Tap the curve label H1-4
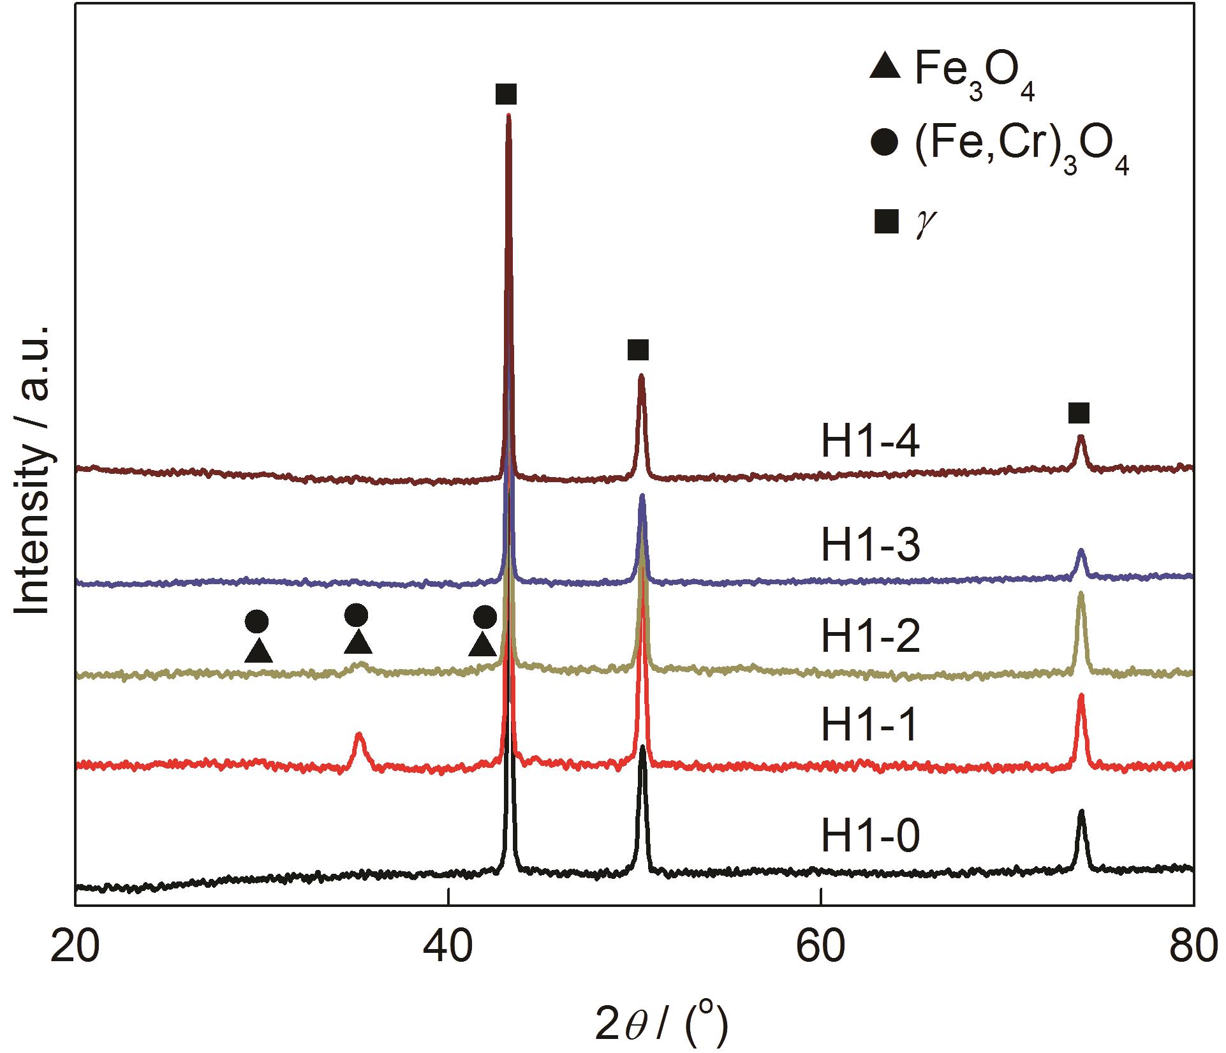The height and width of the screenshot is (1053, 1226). [x=870, y=441]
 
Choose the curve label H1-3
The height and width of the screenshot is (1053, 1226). [x=870, y=546]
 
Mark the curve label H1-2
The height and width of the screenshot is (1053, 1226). [x=870, y=637]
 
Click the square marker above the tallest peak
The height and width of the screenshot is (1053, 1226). [x=506, y=95]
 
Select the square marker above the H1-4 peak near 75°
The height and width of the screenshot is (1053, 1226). [x=1079, y=413]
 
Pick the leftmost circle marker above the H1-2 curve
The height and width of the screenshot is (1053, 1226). [x=257, y=620]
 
